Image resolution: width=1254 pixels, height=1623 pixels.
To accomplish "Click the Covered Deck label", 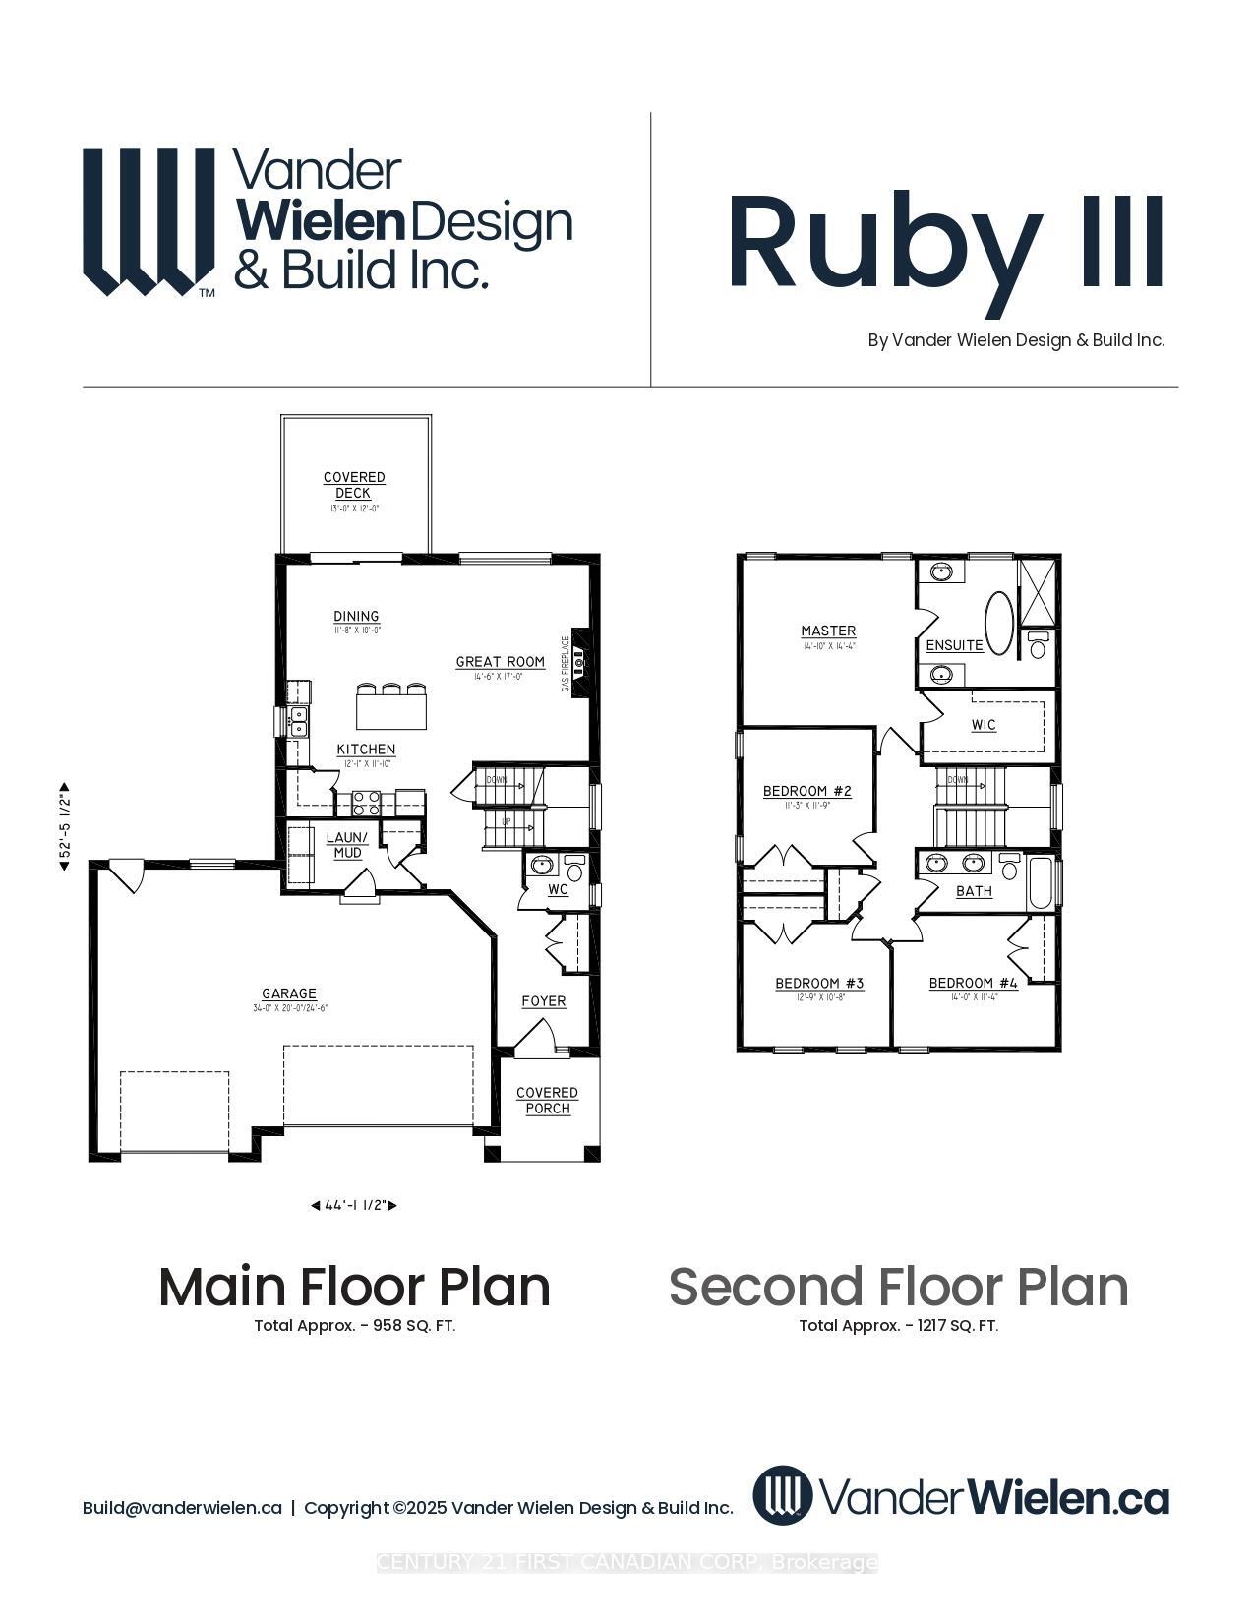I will [x=354, y=485].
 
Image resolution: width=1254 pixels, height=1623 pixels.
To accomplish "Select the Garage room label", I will [x=289, y=993].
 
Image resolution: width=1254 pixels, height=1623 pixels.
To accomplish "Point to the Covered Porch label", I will [x=547, y=1101].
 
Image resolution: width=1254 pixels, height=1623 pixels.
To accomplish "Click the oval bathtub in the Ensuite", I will [x=999, y=623].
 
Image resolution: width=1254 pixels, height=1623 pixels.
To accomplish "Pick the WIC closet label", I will [x=984, y=725].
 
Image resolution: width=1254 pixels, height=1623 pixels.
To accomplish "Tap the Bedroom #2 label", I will [x=806, y=791].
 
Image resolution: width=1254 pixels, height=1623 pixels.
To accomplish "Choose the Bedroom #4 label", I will [x=973, y=983].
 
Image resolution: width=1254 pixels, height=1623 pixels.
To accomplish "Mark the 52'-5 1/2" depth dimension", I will [x=65, y=826].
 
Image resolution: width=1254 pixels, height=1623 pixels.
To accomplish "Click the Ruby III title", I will [x=945, y=242].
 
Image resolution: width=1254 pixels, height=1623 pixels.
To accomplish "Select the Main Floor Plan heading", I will [x=354, y=1287].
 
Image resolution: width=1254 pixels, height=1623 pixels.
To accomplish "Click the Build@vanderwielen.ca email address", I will [x=182, y=1508].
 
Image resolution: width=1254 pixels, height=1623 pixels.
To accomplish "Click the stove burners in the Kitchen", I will [x=366, y=803].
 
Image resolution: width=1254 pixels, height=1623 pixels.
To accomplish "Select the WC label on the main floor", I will [x=558, y=889].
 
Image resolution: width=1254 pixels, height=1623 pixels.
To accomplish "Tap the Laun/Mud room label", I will [x=347, y=845].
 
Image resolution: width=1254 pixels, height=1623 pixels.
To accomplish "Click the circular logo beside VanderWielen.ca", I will [x=783, y=1495].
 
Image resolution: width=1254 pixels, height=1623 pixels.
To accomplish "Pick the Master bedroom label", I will [x=828, y=631].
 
